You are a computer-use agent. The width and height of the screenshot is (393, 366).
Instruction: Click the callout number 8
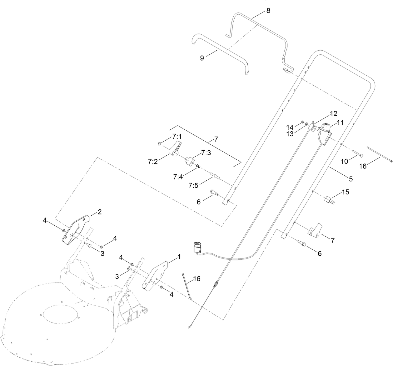click(x=268, y=11)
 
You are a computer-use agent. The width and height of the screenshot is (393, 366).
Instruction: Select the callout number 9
click(x=202, y=58)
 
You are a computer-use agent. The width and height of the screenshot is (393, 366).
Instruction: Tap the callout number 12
click(x=333, y=113)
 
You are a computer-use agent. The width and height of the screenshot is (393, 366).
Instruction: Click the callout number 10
click(x=344, y=161)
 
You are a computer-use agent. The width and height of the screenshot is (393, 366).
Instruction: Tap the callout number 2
click(x=100, y=212)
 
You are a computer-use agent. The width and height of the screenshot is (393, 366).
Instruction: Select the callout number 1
click(x=179, y=257)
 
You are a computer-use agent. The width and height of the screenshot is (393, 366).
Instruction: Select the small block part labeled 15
click(x=329, y=199)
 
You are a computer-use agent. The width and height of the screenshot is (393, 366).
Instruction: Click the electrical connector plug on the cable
click(x=197, y=247)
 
